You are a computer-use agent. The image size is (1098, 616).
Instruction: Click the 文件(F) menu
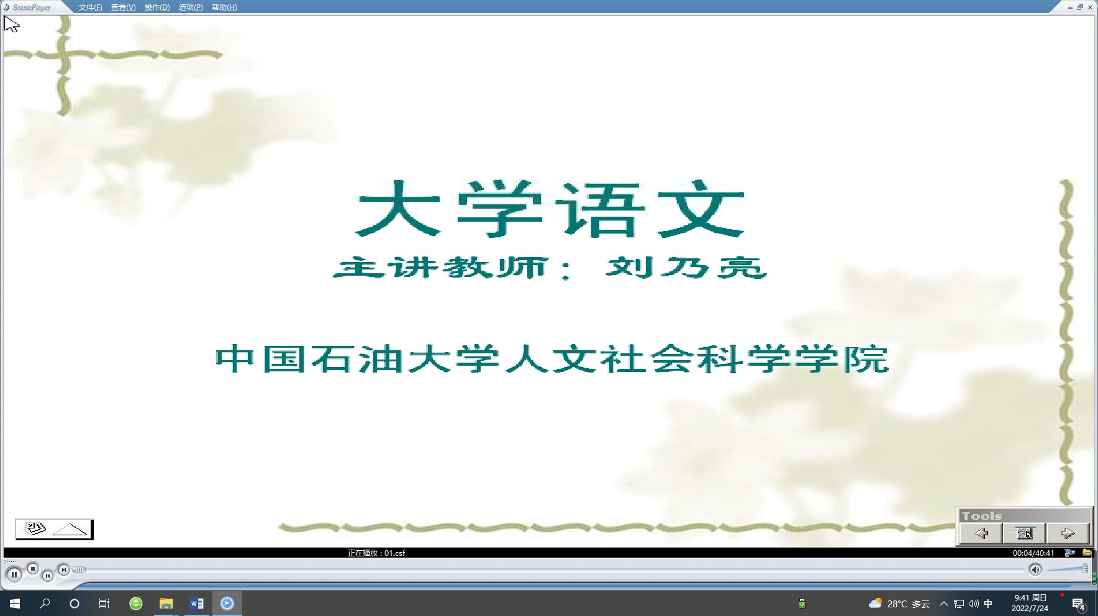tap(90, 7)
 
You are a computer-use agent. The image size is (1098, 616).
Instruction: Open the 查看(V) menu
tap(123, 7)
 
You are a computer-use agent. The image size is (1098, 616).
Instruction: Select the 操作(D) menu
tap(157, 7)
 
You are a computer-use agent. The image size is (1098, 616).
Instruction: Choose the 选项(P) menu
tap(191, 7)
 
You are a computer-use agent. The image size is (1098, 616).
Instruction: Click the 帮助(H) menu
tap(224, 7)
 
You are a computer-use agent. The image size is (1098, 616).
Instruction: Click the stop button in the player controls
tap(33, 569)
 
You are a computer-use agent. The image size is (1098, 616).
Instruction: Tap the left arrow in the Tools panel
tap(981, 533)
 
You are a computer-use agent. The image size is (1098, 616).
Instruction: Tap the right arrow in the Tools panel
tap(1068, 533)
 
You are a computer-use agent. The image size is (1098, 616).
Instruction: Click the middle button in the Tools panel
tap(1024, 533)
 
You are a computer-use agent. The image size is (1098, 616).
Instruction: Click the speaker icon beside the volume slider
tap(1035, 569)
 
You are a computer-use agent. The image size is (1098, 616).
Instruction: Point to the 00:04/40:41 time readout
tap(1033, 553)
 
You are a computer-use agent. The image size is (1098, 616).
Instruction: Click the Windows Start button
tap(15, 603)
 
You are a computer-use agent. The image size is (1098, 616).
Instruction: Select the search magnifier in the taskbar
tap(45, 603)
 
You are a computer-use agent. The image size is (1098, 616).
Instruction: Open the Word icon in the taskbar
tap(196, 603)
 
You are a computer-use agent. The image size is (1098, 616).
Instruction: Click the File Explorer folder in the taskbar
tap(166, 603)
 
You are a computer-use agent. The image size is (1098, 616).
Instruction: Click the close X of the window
tap(1090, 7)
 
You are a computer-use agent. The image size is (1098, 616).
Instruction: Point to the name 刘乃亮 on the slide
tap(686, 268)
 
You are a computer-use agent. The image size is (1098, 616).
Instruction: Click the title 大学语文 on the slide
tap(550, 209)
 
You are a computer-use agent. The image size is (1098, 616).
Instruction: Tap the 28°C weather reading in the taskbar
tap(897, 604)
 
